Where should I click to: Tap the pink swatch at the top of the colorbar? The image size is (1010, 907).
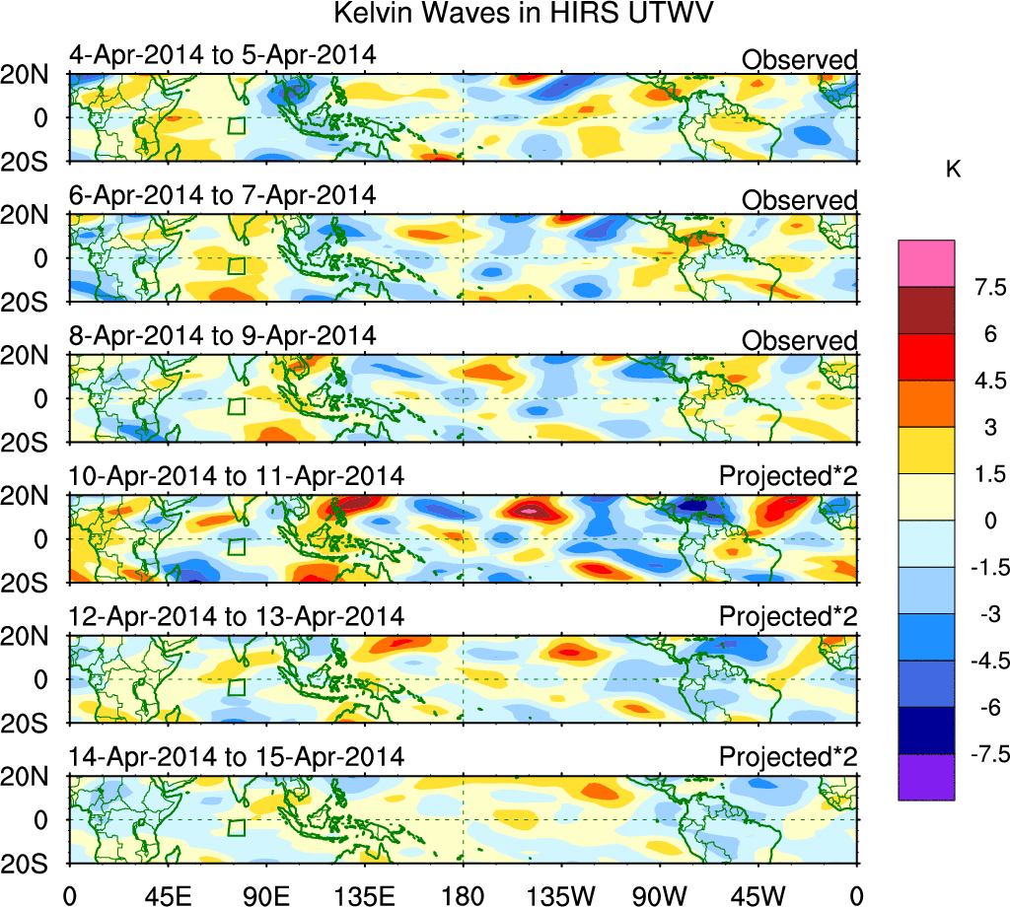pyautogui.click(x=926, y=262)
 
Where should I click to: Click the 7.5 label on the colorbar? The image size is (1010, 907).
pyautogui.click(x=986, y=288)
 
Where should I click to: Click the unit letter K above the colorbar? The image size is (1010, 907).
pyautogui.click(x=954, y=170)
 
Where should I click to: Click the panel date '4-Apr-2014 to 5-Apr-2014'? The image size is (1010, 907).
pyautogui.click(x=222, y=54)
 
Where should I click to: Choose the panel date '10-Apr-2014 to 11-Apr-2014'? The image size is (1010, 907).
pyautogui.click(x=236, y=476)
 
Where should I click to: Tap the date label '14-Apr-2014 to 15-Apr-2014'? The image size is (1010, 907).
pyautogui.click(x=236, y=757)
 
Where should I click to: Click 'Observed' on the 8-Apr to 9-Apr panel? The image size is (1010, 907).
pyautogui.click(x=799, y=341)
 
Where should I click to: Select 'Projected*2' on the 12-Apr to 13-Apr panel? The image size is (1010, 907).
pyautogui.click(x=787, y=617)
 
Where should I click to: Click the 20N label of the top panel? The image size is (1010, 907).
pyautogui.click(x=35, y=75)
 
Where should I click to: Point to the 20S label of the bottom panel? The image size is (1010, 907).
pyautogui.click(x=35, y=864)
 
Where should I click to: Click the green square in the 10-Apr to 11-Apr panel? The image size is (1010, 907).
pyautogui.click(x=236, y=548)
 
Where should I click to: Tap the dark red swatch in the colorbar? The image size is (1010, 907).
pyautogui.click(x=926, y=310)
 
